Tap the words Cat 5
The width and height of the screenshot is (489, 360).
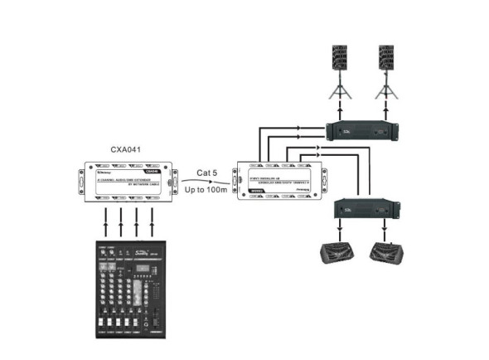(207, 173)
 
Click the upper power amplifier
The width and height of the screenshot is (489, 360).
(364, 129)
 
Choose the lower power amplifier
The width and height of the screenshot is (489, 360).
(364, 208)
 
